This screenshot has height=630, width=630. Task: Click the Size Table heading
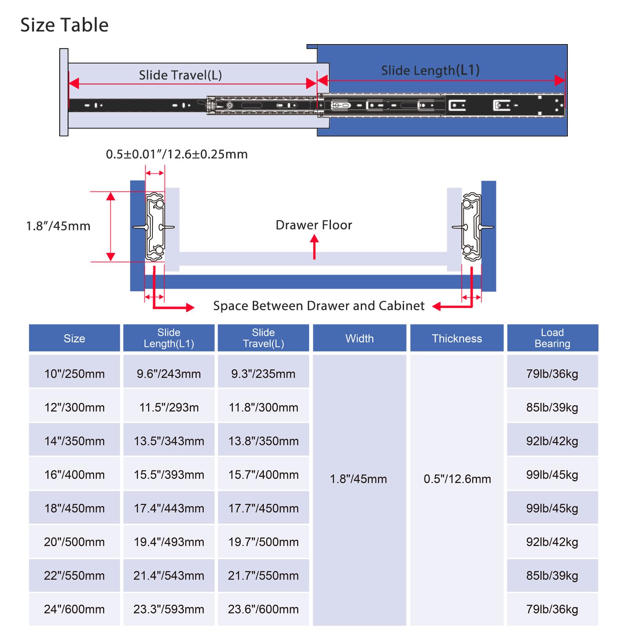click(x=64, y=25)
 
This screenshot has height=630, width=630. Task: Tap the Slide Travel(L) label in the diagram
click(x=180, y=75)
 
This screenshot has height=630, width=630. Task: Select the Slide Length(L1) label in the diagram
click(x=430, y=70)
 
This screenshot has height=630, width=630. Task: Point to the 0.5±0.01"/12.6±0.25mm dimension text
click(x=176, y=154)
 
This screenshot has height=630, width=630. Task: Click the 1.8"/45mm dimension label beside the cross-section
click(x=58, y=226)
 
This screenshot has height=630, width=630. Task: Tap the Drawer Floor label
click(x=314, y=225)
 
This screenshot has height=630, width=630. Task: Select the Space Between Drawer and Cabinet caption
click(x=319, y=306)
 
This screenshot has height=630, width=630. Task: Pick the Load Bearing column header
click(x=552, y=338)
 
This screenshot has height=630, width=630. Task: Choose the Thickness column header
click(x=457, y=339)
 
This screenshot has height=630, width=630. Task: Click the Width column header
click(x=360, y=339)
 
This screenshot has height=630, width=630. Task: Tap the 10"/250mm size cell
click(x=74, y=374)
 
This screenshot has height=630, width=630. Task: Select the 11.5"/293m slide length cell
click(x=169, y=407)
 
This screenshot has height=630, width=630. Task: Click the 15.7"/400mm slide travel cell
click(x=263, y=475)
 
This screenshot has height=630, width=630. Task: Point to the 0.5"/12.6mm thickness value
click(x=457, y=479)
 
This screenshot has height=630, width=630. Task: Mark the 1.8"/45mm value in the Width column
click(x=358, y=479)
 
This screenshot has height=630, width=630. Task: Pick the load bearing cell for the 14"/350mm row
click(x=552, y=441)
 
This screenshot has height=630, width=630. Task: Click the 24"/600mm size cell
click(x=74, y=609)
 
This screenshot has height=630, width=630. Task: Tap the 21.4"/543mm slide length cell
click(x=169, y=575)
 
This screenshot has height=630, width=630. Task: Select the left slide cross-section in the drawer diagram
click(x=155, y=227)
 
